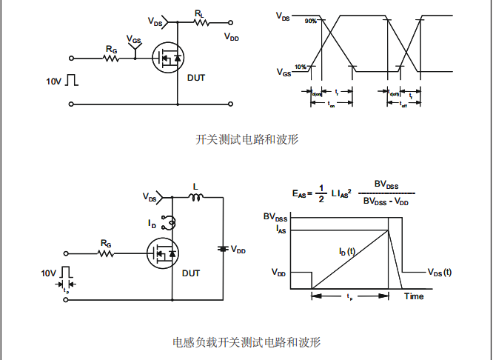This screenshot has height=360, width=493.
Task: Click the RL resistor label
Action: pos(200,13)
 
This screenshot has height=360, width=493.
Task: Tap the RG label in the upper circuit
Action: pos(111,48)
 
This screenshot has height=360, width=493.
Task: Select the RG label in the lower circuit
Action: pos(106,243)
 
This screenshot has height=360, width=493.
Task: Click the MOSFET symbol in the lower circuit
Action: pos(164,254)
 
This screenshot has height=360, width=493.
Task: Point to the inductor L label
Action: pos(195,186)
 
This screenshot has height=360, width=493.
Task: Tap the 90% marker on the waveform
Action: pos(311,21)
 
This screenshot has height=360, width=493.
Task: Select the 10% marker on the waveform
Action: pos(301,67)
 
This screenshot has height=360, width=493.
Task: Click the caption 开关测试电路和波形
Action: pos(246,139)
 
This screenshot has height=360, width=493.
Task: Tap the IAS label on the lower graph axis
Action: pos(281,230)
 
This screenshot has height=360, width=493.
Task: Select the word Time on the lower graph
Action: pos(414,296)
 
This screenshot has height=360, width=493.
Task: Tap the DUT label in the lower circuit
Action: pos(191,273)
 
